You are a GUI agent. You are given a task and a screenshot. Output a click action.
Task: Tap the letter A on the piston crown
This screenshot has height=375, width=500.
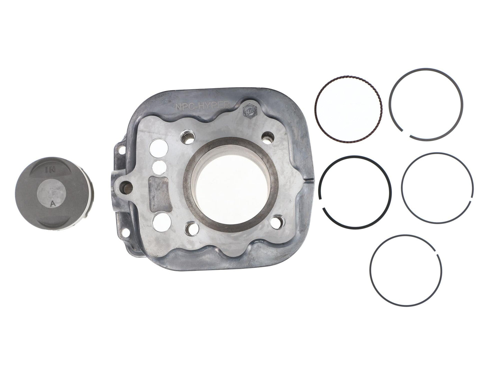53,203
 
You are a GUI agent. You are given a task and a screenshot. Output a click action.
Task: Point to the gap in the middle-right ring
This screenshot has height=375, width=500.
471,201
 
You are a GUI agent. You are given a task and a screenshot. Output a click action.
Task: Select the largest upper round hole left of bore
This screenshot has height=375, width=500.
158,147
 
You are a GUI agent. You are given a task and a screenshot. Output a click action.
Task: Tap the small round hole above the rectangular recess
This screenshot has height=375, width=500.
159,166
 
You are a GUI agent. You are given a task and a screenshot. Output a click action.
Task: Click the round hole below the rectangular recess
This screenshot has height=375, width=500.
157,220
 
